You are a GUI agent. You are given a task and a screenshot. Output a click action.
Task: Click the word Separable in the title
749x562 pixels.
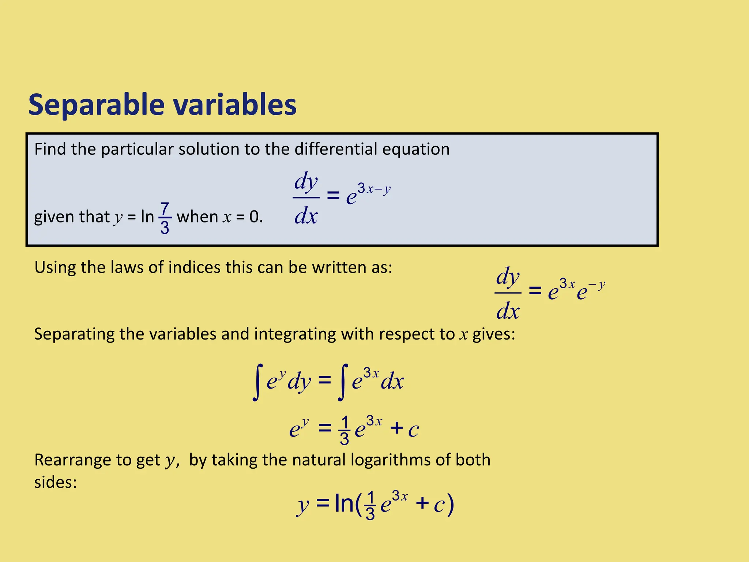pos(96,105)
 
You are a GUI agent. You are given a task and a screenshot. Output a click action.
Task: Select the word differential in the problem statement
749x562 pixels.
pos(336,149)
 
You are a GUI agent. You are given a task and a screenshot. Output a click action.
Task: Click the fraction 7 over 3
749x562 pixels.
pos(165,218)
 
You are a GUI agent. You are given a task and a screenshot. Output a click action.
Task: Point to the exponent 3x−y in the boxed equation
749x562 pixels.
pos(374,189)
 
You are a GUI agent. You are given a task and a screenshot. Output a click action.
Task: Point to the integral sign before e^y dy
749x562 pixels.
pos(258,382)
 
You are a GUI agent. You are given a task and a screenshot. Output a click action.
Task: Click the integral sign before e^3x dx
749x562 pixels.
pos(343,382)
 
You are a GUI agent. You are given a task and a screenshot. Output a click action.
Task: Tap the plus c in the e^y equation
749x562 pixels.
pos(404,428)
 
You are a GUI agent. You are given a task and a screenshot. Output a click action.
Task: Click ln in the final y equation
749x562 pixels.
pos(344,503)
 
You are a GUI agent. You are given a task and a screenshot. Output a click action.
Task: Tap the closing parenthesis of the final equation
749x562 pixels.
pos(451,505)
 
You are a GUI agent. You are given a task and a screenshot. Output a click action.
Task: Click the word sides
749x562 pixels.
pos(55,482)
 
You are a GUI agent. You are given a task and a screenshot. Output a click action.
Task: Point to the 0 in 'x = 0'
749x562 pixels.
pos(254,217)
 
